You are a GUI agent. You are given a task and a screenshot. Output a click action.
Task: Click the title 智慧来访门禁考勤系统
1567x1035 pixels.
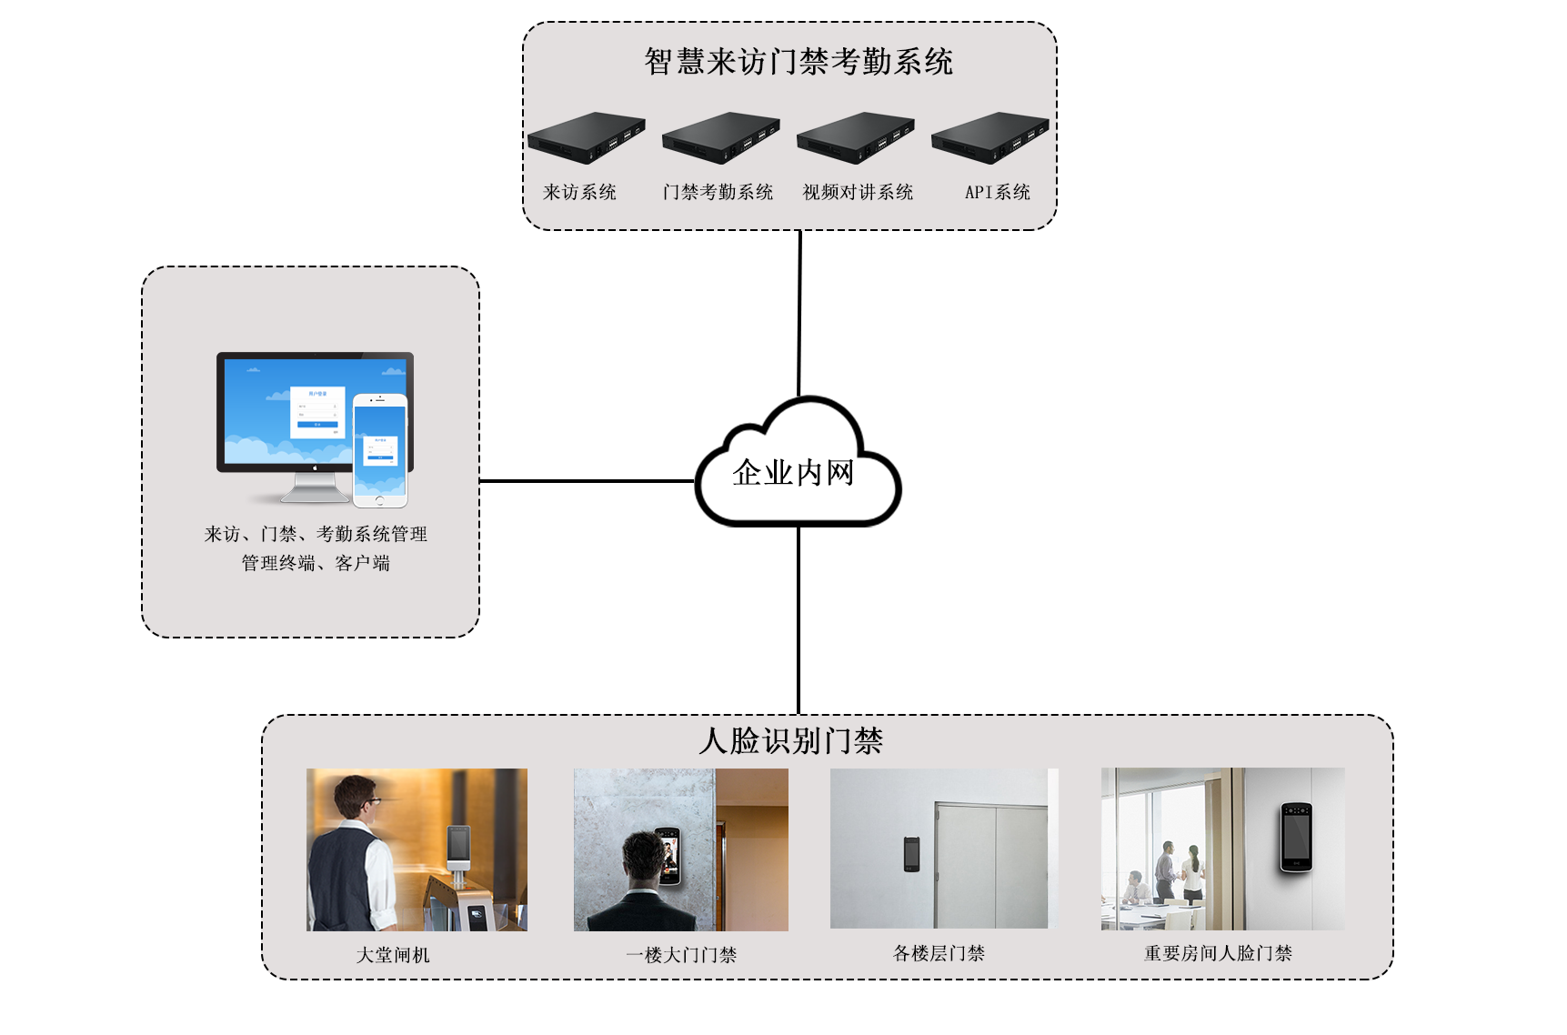798,62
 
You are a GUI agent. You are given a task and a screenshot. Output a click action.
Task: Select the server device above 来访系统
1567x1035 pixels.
586,137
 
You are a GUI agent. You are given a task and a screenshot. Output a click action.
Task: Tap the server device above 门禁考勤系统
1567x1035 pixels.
720,137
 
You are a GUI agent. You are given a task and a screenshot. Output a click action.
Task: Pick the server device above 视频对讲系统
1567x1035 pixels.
855,137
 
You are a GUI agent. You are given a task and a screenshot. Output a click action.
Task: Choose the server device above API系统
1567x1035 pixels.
989,137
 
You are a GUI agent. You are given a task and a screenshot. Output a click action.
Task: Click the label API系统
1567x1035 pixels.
997,192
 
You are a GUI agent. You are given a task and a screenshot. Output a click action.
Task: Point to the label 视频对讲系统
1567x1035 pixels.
857,192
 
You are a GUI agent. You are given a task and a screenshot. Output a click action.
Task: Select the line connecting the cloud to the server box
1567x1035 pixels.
799,314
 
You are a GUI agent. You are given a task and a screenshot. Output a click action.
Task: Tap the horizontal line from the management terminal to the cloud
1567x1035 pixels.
587,480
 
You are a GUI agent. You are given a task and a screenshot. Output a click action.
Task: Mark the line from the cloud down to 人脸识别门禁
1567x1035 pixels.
799,618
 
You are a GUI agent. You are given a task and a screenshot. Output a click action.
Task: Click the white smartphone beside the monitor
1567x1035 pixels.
380,450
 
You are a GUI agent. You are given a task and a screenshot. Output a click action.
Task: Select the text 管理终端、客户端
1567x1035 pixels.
315,563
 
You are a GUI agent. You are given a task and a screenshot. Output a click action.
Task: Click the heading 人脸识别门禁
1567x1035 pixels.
790,740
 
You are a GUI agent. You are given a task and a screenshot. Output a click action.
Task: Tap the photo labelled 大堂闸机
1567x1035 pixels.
417,849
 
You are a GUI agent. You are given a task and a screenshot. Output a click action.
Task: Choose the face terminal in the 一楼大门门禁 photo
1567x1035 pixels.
668,856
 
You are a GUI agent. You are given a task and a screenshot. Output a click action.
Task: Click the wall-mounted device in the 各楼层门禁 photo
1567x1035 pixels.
911,854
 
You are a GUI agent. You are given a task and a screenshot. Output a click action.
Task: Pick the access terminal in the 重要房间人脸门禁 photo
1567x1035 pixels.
1296,837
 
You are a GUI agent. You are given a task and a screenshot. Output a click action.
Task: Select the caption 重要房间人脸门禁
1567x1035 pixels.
1217,953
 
